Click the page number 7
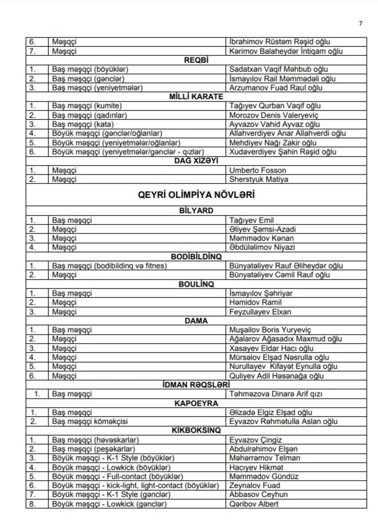click(x=360, y=23)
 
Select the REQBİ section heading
click(x=196, y=60)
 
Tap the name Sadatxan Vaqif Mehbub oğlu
click(x=278, y=69)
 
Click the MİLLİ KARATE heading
click(x=196, y=97)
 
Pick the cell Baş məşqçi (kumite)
click(x=87, y=106)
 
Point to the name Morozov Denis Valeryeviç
click(x=274, y=115)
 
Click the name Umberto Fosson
click(x=258, y=170)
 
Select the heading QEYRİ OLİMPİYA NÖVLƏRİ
click(x=196, y=195)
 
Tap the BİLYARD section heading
click(x=196, y=211)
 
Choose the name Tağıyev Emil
click(x=251, y=220)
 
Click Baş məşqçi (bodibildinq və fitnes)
click(x=109, y=266)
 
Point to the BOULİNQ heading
click(x=196, y=284)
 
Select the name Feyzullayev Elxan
click(x=260, y=312)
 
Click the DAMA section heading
click(x=196, y=321)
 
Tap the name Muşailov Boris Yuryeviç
click(x=270, y=330)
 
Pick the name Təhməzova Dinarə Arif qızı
click(x=276, y=394)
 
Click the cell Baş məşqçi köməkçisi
click(x=90, y=421)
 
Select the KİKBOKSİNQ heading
click(x=196, y=430)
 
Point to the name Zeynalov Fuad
click(x=255, y=485)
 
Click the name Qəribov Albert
click(x=254, y=504)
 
